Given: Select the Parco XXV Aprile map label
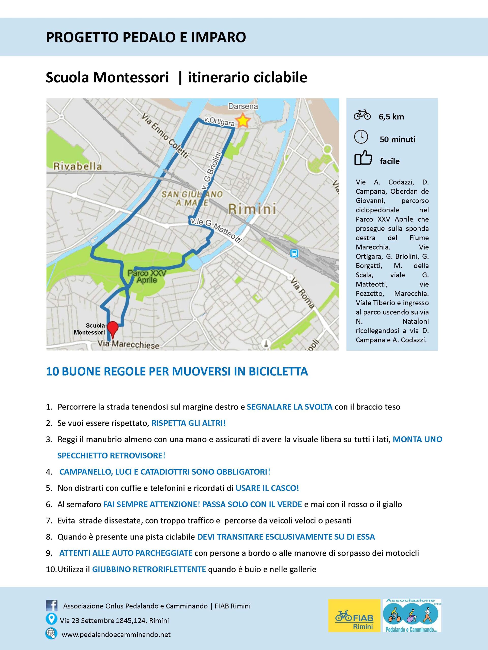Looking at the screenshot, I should (x=147, y=277).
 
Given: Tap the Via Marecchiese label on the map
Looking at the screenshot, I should (x=129, y=344).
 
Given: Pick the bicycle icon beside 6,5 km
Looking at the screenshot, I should (x=362, y=115).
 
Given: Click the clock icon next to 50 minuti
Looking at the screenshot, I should (x=361, y=137).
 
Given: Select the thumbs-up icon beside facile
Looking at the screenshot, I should (x=363, y=158).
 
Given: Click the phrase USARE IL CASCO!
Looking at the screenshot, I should (x=267, y=488).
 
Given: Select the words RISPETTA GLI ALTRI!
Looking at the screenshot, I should (x=188, y=423).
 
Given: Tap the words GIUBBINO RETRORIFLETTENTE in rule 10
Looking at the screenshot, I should (x=149, y=569).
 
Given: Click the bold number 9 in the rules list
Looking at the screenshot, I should (x=49, y=553).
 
